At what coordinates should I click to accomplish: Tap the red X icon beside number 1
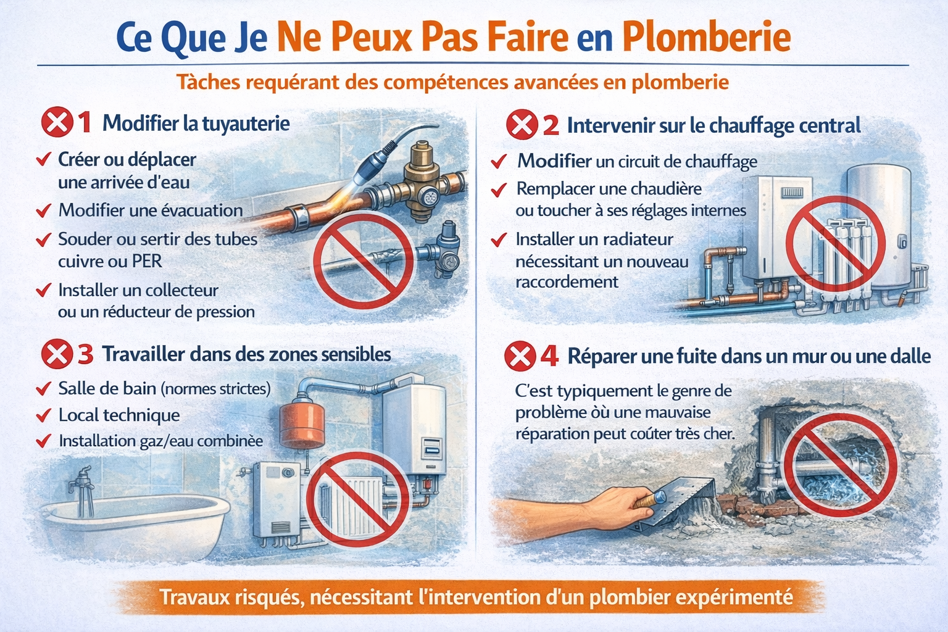pyautogui.click(x=56, y=122)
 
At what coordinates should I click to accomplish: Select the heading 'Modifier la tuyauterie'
pyautogui.click(x=196, y=123)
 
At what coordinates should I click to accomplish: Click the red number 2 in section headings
pyautogui.click(x=551, y=126)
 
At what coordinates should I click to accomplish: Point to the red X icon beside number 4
pyautogui.click(x=520, y=356)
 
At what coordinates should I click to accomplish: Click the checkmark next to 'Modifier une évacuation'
pyautogui.click(x=43, y=211)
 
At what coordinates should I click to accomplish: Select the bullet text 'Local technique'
pyautogui.click(x=119, y=415)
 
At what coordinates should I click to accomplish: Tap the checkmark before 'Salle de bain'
pyautogui.click(x=43, y=389)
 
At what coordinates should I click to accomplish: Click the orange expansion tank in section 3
pyautogui.click(x=302, y=425)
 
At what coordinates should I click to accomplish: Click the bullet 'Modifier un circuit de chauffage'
pyautogui.click(x=637, y=162)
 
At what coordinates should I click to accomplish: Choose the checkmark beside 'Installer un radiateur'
pyautogui.click(x=499, y=239)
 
